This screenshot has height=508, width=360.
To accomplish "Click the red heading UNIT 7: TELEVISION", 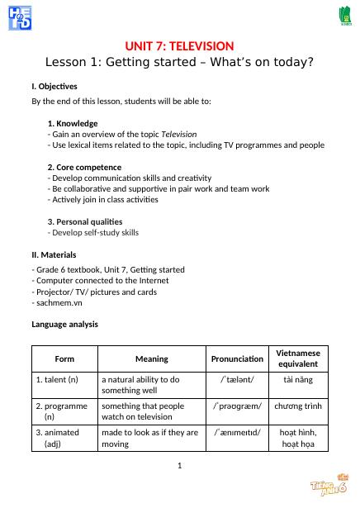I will [x=179, y=45].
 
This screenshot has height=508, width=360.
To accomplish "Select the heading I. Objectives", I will [x=54, y=87].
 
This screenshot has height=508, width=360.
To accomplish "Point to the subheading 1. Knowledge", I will [x=73, y=123].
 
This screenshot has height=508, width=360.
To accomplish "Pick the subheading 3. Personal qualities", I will [x=85, y=221].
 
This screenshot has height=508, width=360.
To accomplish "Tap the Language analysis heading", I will [x=65, y=325].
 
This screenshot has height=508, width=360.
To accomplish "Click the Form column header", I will [x=64, y=358].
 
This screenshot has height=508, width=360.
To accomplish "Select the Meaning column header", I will [x=151, y=358].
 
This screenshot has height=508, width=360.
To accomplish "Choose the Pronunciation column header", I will [x=237, y=358].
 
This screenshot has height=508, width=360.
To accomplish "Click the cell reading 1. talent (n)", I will [x=57, y=379].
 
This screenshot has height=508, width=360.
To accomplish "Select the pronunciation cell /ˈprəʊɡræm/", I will [x=237, y=406].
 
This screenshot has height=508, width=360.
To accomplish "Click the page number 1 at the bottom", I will [x=179, y=467].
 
